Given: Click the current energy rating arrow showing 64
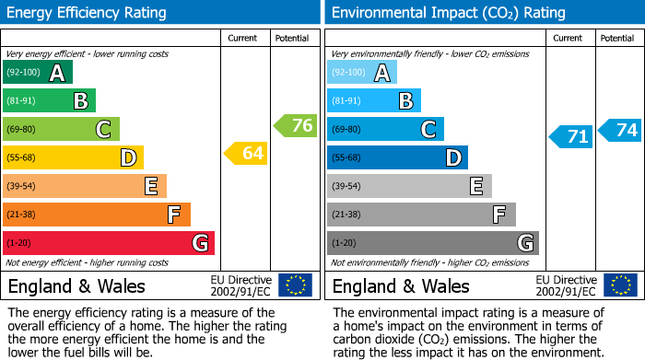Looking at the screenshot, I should pos(246,153).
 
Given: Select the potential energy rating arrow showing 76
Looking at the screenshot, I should pos(296,125).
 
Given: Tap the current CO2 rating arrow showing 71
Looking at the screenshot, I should pos(570,137).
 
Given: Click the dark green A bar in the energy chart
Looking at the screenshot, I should pos(38,73).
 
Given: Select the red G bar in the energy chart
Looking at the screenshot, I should pos(109,243).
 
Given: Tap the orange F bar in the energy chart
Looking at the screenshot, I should pos(97,215).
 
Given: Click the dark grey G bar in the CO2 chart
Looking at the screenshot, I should pos(432,243).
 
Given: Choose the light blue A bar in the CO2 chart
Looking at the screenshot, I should pos(362,73).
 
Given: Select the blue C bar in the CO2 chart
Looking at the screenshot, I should pos(385,129).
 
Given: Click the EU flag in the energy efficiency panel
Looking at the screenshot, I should pos(295,285).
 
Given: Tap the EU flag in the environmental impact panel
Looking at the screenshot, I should pos(619,285).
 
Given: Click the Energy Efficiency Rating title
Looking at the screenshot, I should pos(88,13).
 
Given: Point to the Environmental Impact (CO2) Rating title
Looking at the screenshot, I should pos(448,13).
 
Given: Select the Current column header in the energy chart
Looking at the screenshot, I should pos(242,38).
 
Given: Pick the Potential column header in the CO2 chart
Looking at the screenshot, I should pos(616,38).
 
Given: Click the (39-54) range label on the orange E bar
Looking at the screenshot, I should pos(21,186).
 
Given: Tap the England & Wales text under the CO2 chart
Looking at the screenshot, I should pos(401,285).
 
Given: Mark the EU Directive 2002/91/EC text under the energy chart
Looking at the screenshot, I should pos(241,285).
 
